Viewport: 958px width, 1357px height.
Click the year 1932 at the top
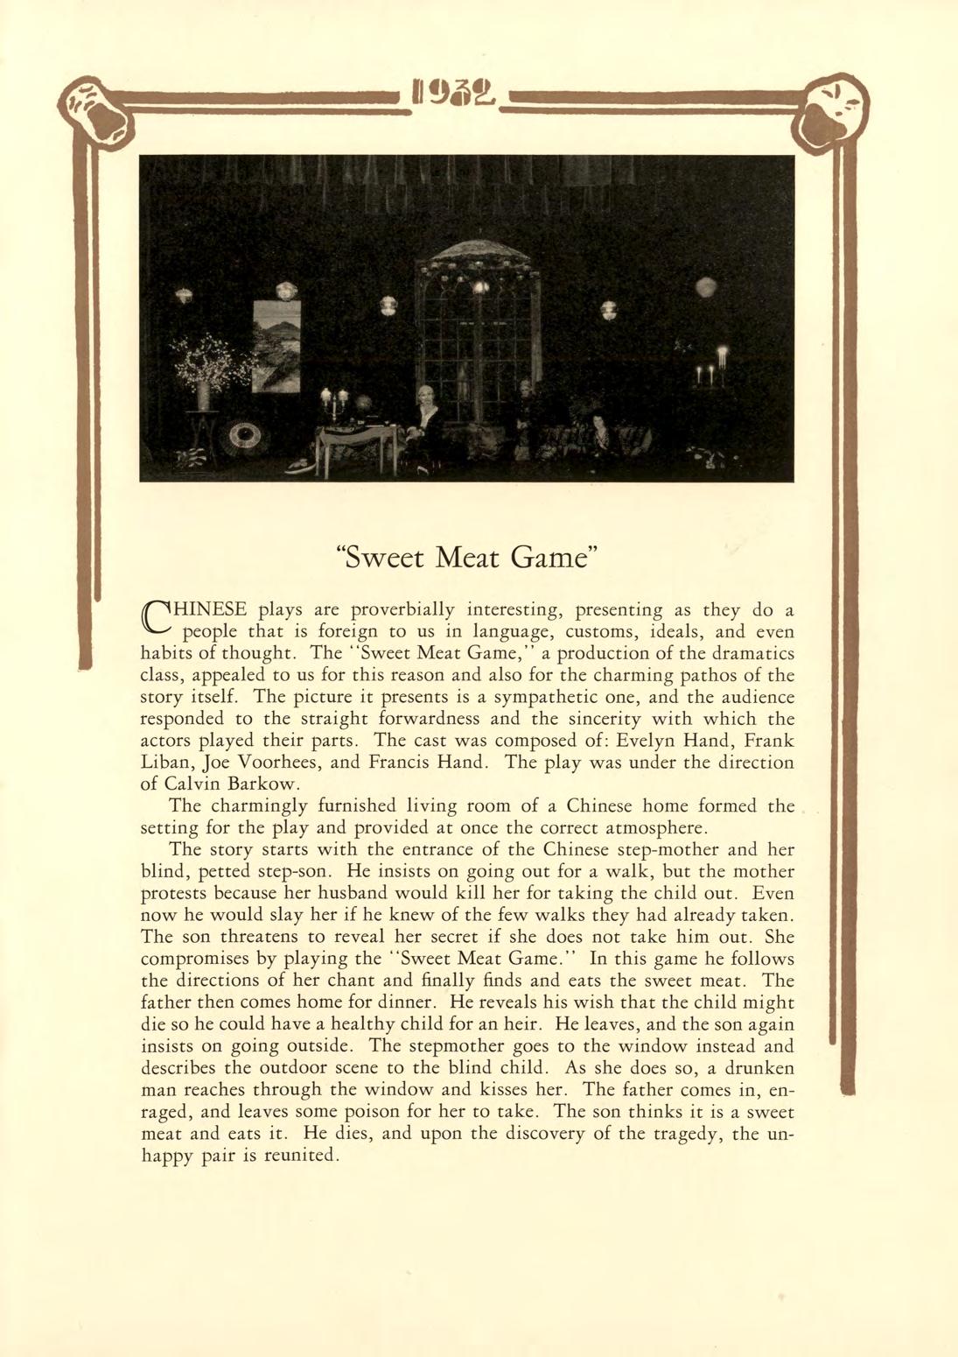click(x=458, y=92)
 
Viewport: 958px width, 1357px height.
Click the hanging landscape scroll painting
click(x=276, y=346)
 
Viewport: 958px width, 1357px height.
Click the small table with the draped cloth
click(x=355, y=442)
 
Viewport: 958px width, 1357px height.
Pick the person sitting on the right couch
click(x=600, y=438)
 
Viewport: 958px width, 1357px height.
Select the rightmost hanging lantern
click(x=705, y=286)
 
